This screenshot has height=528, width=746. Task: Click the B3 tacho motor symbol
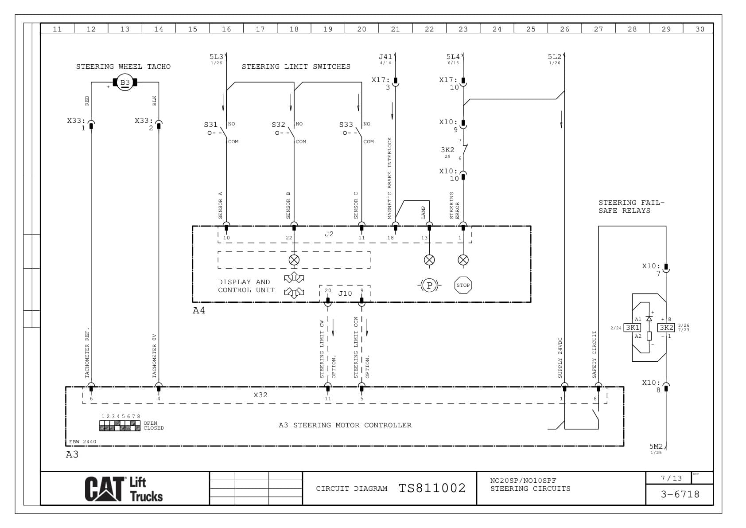pos(125,82)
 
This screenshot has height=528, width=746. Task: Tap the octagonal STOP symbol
pos(463,285)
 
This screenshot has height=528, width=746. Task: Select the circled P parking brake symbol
pos(429,286)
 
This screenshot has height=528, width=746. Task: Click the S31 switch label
pos(210,125)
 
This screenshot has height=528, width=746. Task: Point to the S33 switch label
pos(346,125)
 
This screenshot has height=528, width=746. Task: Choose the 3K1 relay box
pos(632,328)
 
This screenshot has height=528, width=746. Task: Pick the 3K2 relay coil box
pos(666,328)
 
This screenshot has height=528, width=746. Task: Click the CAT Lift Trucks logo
pos(124,489)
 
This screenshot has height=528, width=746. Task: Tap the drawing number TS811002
pos(432,488)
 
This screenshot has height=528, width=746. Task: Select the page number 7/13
pos(671,478)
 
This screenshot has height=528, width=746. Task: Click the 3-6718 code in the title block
pos(680,494)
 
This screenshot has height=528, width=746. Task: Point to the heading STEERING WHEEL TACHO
pos(123,66)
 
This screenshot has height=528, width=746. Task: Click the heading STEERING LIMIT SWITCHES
pos(296,66)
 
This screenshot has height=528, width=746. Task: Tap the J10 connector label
pos(345,293)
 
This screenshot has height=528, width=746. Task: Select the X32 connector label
pos(260,395)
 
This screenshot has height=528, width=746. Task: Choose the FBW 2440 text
pos(83,442)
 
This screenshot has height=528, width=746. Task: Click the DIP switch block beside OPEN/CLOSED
pos(120,426)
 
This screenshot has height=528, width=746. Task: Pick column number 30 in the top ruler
pos(699,29)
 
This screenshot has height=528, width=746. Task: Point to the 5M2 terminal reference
pos(656,446)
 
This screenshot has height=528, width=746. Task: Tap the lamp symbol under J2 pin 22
pos(294,260)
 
